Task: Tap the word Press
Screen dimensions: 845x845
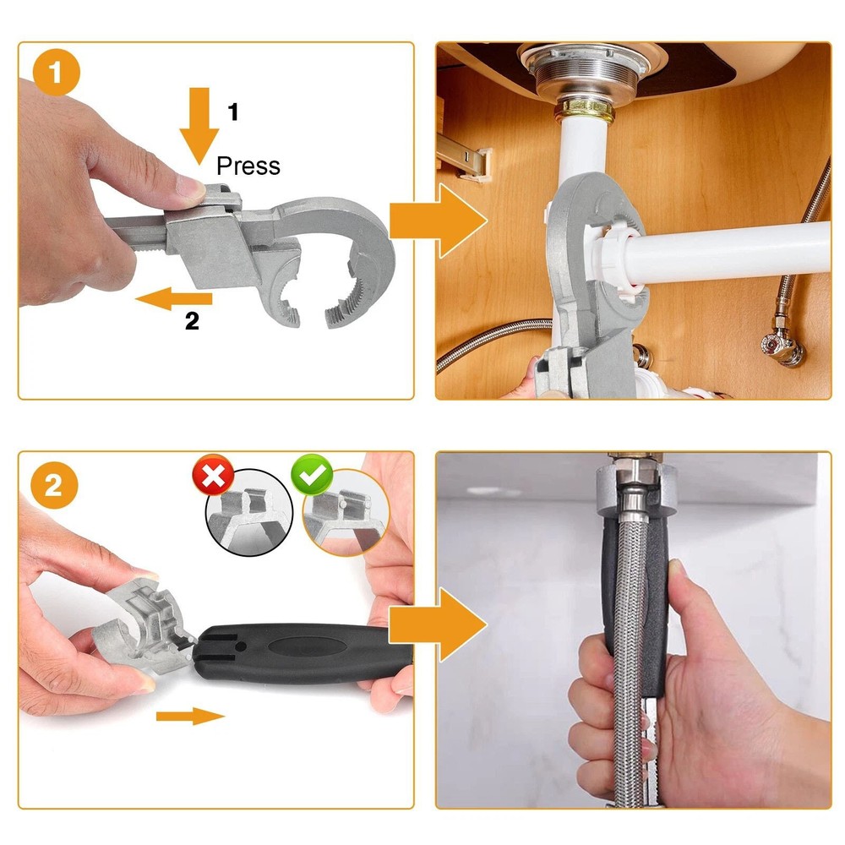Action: [x=248, y=165]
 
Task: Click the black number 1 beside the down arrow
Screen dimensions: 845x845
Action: [x=233, y=111]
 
